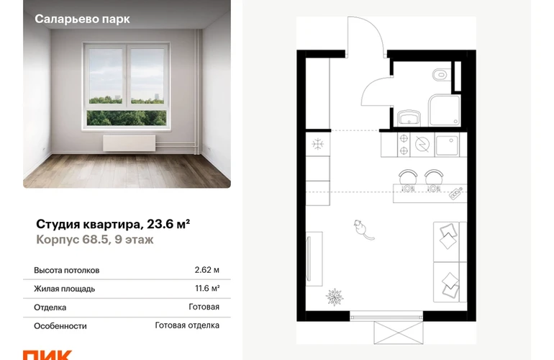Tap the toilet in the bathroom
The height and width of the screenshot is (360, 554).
click(440, 75)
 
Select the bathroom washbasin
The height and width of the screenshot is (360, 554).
click(409, 118)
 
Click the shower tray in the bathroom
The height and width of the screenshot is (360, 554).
click(445, 110)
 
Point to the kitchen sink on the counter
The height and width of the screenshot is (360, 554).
click(447, 145)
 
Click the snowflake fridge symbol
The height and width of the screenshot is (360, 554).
click(318, 144)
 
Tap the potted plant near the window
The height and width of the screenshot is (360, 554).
click(335, 297)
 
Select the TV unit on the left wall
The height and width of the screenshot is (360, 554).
click(314, 259)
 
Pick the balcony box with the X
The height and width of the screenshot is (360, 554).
click(399, 333)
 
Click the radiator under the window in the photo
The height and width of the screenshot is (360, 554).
click(130, 143)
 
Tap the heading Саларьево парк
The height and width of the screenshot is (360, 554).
click(82, 19)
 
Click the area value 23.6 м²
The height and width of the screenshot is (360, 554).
click(168, 224)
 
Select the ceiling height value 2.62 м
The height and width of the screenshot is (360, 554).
click(206, 270)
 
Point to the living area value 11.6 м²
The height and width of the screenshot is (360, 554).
click(207, 289)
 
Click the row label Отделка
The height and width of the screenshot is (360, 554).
click(50, 307)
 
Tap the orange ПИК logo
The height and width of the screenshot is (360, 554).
click(47, 355)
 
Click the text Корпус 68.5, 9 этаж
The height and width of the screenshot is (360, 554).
click(95, 240)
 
